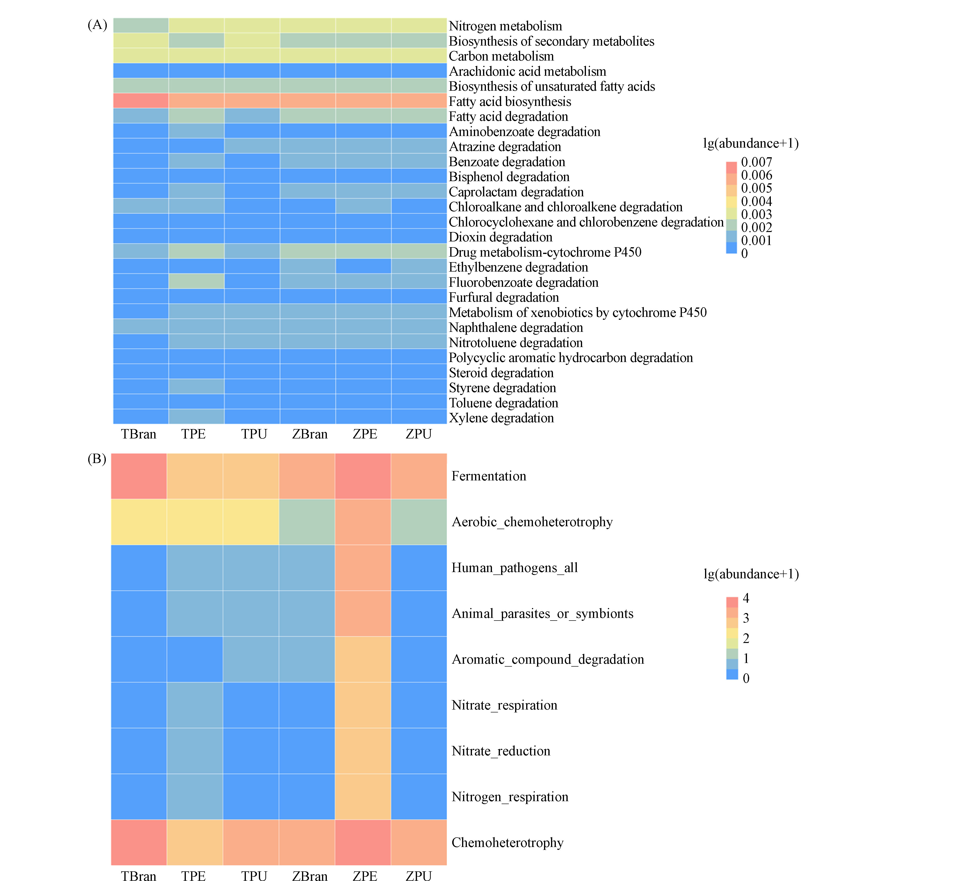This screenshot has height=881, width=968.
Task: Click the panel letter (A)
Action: coord(97,25)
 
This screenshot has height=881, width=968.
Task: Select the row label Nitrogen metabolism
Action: coord(505,26)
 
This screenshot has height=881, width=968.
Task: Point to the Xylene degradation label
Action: coord(501,418)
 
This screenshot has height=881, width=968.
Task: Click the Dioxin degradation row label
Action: coord(500,237)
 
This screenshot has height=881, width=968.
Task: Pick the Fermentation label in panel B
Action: coord(489,476)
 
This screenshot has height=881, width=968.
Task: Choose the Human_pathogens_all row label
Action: coord(515,568)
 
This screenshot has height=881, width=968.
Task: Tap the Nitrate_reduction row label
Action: coord(501,751)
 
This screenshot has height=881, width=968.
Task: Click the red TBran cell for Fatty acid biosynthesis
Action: coord(141,101)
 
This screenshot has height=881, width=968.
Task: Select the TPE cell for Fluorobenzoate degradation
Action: coord(196,281)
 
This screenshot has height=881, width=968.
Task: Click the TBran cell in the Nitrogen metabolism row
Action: coord(141,26)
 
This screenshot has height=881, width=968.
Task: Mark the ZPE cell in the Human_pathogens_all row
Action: coord(363,568)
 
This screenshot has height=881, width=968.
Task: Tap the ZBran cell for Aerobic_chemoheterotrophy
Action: coord(307,522)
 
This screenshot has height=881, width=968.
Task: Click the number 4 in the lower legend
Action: coord(746,598)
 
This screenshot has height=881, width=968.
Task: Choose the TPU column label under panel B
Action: coord(254,876)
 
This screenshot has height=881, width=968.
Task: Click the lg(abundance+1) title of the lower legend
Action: coord(751,574)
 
